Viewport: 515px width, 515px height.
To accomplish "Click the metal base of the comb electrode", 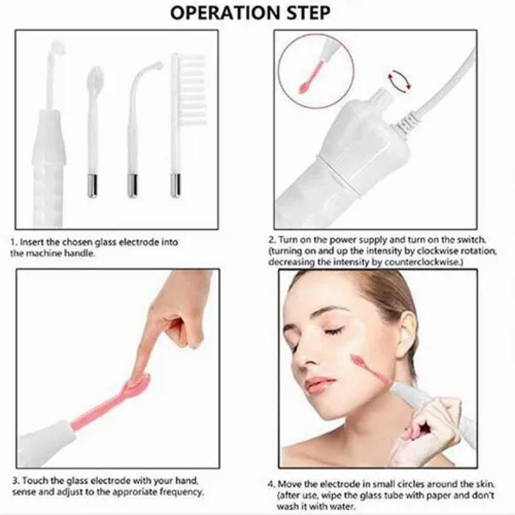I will (x=176, y=185).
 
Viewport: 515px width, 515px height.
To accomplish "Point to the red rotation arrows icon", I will (x=400, y=81).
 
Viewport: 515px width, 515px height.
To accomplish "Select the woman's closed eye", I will (x=334, y=330).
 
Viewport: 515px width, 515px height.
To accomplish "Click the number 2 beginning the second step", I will (x=270, y=240).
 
